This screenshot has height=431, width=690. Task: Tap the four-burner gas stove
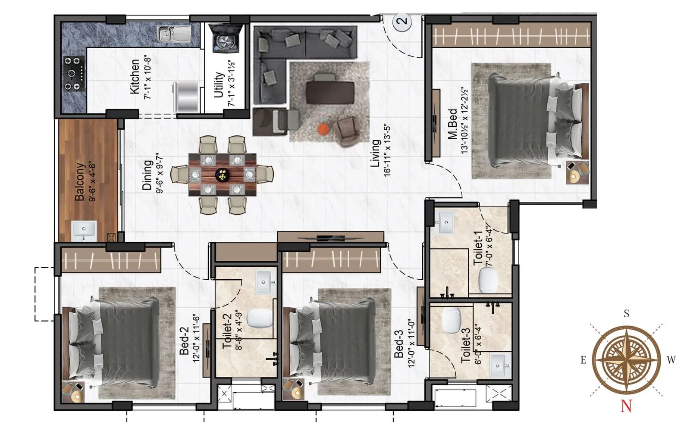coord(73,74)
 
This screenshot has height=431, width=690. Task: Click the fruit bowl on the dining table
coord(223,175)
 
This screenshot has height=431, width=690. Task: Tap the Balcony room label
coord(80,181)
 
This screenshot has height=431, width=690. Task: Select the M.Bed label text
coord(452,124)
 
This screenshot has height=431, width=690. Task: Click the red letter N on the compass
coord(626,406)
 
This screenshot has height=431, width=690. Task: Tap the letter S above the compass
coord(627,314)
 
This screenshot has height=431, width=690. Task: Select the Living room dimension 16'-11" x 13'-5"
coord(387,150)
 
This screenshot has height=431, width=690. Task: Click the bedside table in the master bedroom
coord(577,172)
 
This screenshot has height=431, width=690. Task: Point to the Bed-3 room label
coord(399,344)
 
